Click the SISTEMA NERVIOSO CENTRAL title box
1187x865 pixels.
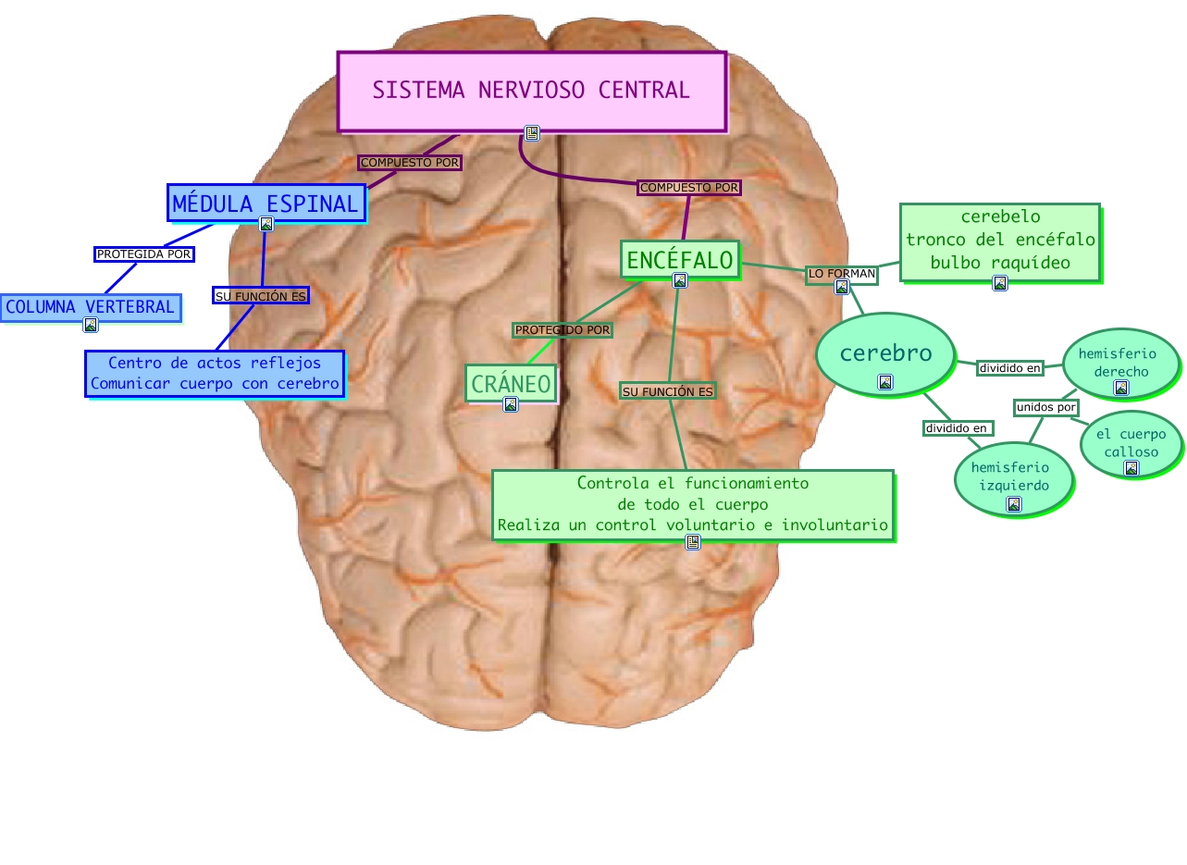coord(531,90)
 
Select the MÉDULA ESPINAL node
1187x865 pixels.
coord(266,204)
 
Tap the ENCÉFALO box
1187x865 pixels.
coord(680,259)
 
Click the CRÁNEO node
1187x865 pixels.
coord(511,383)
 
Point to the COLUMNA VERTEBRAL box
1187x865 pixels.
coord(90,307)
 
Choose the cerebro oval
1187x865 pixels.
coord(885,353)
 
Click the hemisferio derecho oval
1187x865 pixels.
coord(1120,363)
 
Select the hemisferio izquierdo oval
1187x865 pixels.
coord(1013,476)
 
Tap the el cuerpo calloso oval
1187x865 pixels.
coord(1131,444)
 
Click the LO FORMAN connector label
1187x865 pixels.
coord(841,274)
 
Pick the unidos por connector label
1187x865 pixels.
coord(1046,407)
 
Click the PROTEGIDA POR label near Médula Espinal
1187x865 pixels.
coord(143,253)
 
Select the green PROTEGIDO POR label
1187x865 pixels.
coord(563,329)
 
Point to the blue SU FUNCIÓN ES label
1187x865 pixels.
coord(260,296)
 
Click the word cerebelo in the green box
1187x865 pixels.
coord(1000,216)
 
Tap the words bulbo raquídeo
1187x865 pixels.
coord(1000,263)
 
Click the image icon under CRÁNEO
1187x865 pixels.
coord(511,404)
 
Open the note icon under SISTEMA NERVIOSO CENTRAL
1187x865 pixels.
coord(532,133)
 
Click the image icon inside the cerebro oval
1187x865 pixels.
coord(885,382)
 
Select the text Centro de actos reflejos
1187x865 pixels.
coord(215,364)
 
